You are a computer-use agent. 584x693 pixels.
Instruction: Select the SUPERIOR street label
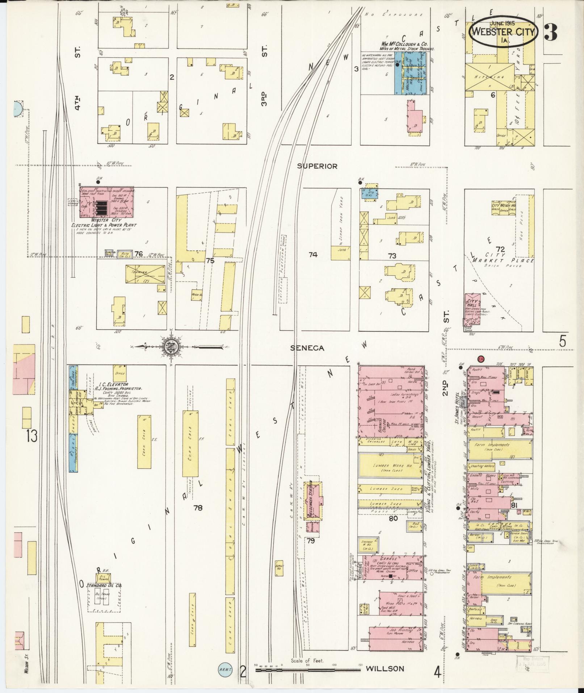pyautogui.click(x=317, y=166)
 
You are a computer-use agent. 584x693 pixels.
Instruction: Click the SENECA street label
pyautogui.click(x=307, y=348)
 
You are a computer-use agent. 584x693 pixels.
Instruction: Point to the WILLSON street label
pyautogui.click(x=385, y=669)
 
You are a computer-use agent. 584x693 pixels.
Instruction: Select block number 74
pyautogui.click(x=313, y=255)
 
